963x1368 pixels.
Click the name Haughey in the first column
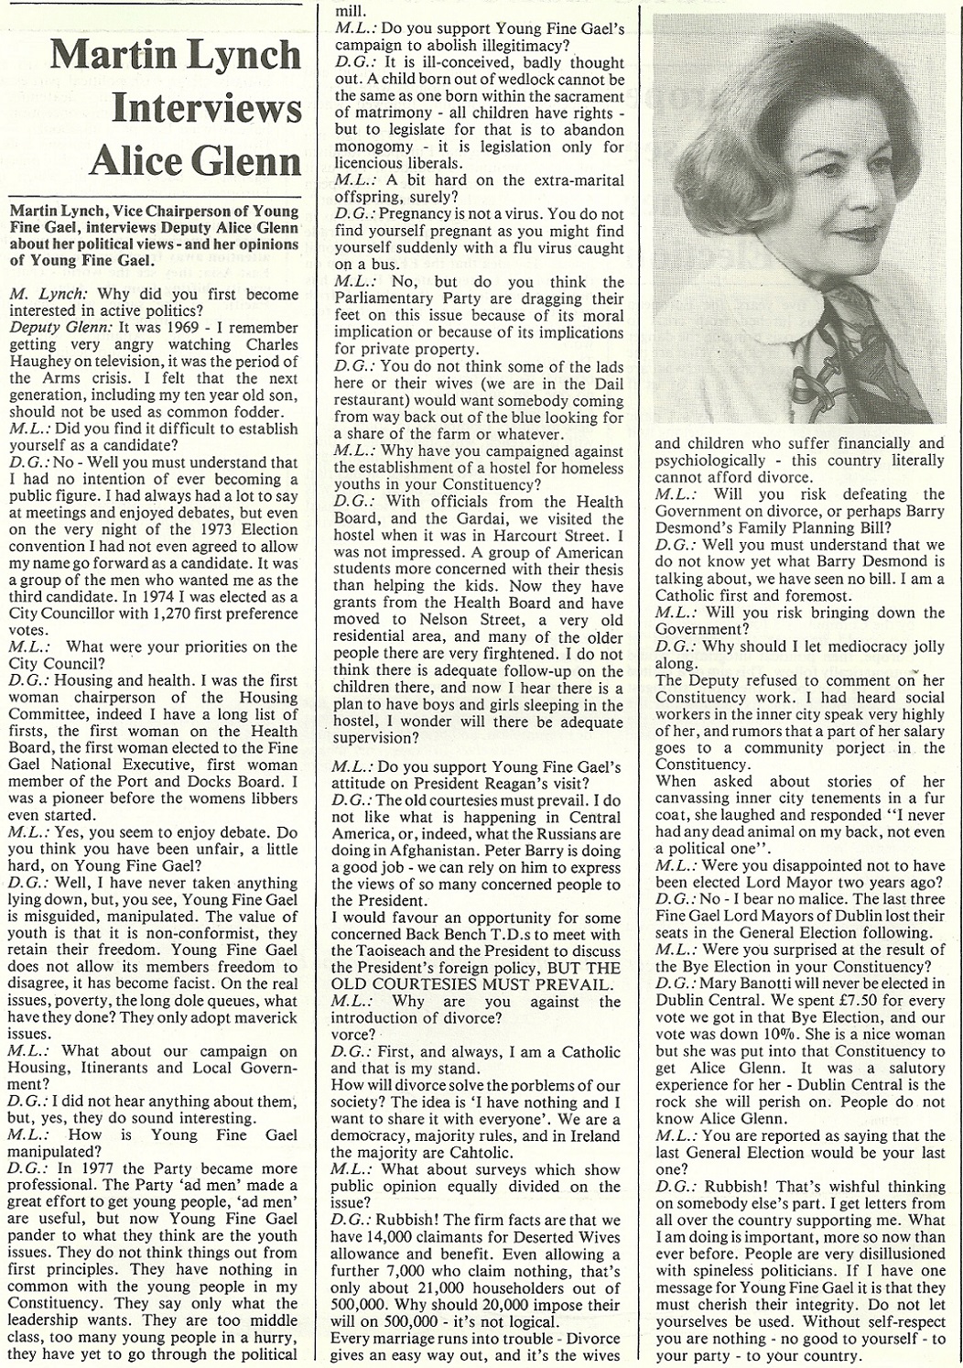tap(45, 363)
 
